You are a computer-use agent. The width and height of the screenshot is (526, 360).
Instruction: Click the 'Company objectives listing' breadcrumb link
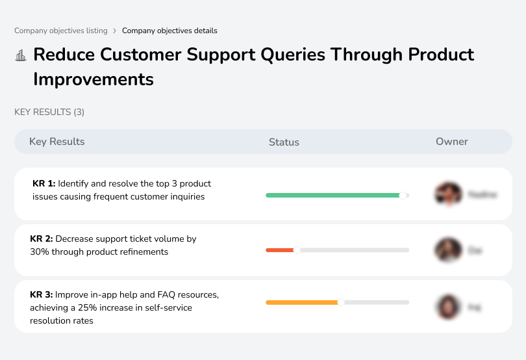point(61,31)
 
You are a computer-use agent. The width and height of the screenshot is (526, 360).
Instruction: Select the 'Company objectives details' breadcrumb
point(169,31)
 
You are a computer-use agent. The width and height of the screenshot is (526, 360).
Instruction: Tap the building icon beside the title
point(21,55)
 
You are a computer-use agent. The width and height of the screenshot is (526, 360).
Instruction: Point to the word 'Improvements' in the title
point(94,79)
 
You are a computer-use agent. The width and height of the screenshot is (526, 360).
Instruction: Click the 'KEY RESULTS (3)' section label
point(49,112)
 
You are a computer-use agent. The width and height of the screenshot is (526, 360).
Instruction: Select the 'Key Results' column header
point(57,142)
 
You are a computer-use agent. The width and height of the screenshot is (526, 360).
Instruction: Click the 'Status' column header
point(284,142)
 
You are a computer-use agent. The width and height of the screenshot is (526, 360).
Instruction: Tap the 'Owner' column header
point(452,142)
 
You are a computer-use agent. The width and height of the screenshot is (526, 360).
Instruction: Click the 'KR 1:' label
point(44,184)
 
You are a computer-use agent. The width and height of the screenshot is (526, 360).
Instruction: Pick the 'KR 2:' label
point(42,239)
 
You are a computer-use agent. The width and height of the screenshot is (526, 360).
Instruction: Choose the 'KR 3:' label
point(42,295)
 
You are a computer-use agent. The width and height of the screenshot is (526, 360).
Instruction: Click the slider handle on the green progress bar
point(403,195)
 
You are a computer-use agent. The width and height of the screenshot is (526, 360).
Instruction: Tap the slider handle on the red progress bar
point(297,250)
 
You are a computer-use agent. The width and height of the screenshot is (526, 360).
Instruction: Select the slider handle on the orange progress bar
point(341,302)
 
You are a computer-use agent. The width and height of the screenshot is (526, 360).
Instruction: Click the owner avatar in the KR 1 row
point(448,194)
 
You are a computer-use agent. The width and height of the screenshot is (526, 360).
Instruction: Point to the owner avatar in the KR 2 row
point(448,250)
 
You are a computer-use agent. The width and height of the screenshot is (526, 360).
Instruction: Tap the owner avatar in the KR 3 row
point(448,306)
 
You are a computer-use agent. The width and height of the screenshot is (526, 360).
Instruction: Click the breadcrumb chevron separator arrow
point(114,31)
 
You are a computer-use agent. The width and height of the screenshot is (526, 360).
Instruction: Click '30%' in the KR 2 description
point(40,251)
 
